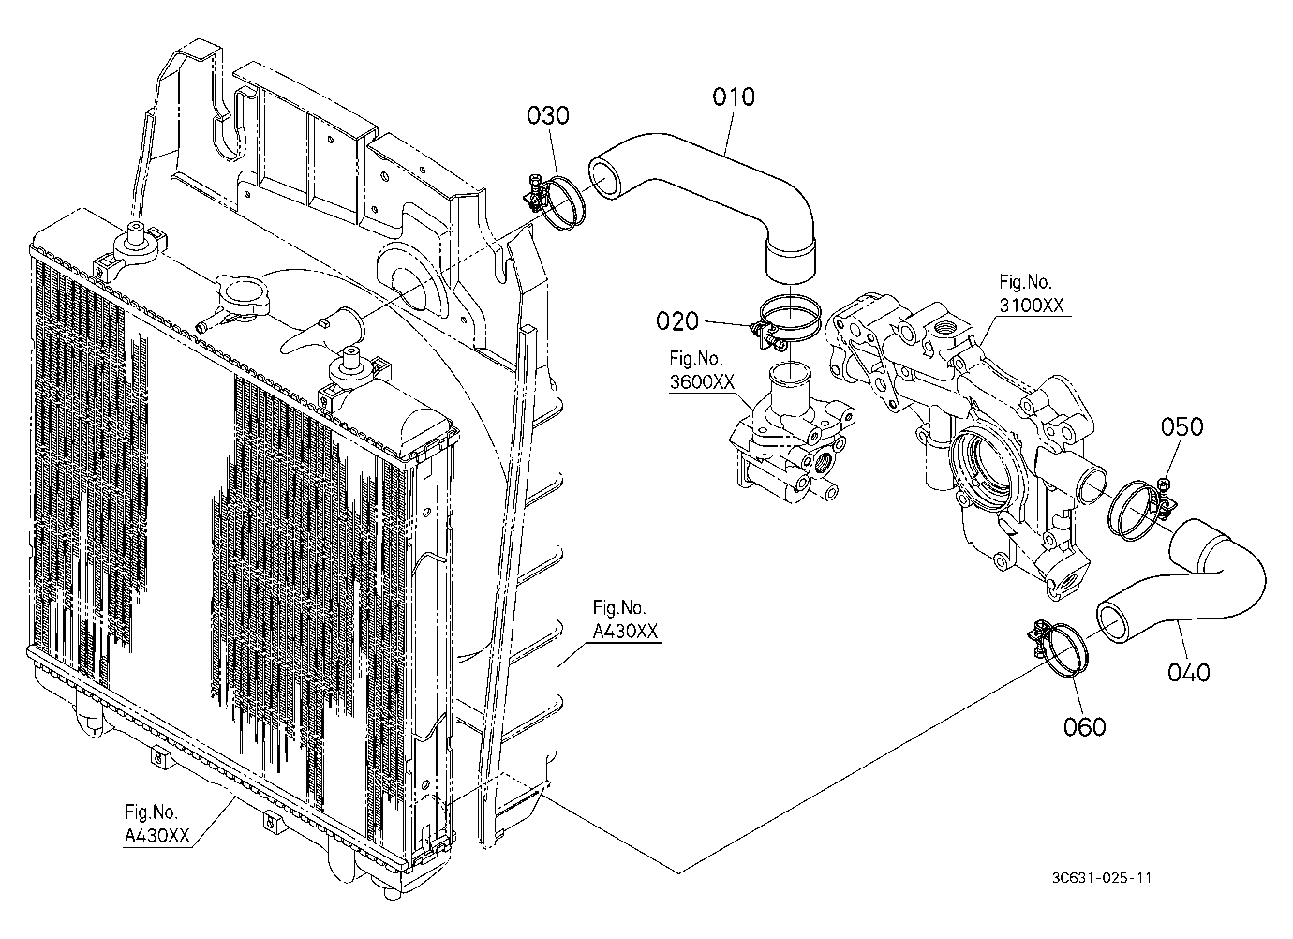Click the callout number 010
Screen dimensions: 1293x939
pyautogui.click(x=733, y=97)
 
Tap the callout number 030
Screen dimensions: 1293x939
pyautogui.click(x=548, y=115)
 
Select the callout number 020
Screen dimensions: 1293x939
pyautogui.click(x=677, y=321)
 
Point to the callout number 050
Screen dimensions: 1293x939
pyautogui.click(x=1182, y=426)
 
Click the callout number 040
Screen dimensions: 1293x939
pyautogui.click(x=1188, y=672)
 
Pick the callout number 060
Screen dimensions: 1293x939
pyautogui.click(x=1085, y=726)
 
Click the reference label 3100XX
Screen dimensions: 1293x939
pyautogui.click(x=1032, y=306)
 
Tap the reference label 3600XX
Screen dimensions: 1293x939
pyautogui.click(x=702, y=382)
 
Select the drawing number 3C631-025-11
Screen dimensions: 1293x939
pyautogui.click(x=1101, y=878)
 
